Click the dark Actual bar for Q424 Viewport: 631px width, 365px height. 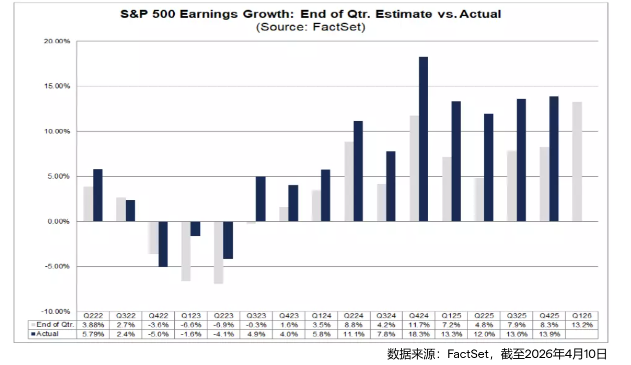pos(423,139)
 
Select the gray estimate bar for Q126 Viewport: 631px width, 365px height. pos(577,161)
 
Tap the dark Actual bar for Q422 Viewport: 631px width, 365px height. pos(163,244)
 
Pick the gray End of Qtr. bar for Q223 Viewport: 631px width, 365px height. pos(218,252)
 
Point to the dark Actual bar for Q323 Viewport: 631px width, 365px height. pos(260,199)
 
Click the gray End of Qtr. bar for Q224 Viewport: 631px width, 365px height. pos(349,181)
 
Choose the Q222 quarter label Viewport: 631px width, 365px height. pos(94,316)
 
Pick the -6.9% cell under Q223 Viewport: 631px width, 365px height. pos(224,325)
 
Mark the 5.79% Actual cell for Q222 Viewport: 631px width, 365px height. pos(94,334)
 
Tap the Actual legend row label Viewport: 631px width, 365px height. pos(48,334)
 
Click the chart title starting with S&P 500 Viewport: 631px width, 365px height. pos(310,14)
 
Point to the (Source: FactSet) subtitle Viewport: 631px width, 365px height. pos(310,27)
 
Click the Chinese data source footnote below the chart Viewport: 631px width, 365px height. pos(497,354)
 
